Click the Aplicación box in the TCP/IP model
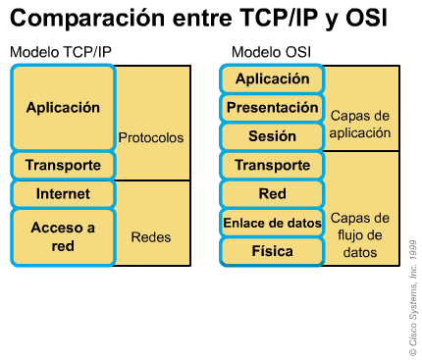[x=64, y=107]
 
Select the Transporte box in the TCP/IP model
[x=64, y=165]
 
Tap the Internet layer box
[x=64, y=194]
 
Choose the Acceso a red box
[x=64, y=236]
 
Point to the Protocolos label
[x=150, y=138]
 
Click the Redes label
[x=150, y=236]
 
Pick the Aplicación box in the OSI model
[x=272, y=78]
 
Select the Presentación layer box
[x=272, y=107]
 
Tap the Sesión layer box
[x=272, y=135]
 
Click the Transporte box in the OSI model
[x=272, y=165]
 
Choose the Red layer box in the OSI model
[x=272, y=194]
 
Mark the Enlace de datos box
[x=272, y=223]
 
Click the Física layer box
[x=272, y=252]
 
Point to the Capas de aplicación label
[x=361, y=123]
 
